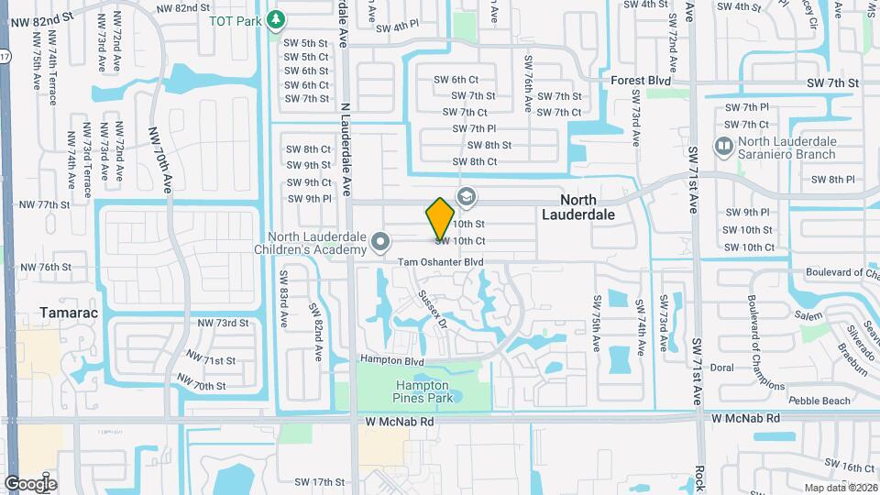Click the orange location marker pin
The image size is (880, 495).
(440, 218)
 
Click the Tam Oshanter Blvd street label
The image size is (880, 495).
(440, 262)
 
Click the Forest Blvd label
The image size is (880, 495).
(641, 82)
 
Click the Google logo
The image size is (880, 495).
(30, 484)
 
